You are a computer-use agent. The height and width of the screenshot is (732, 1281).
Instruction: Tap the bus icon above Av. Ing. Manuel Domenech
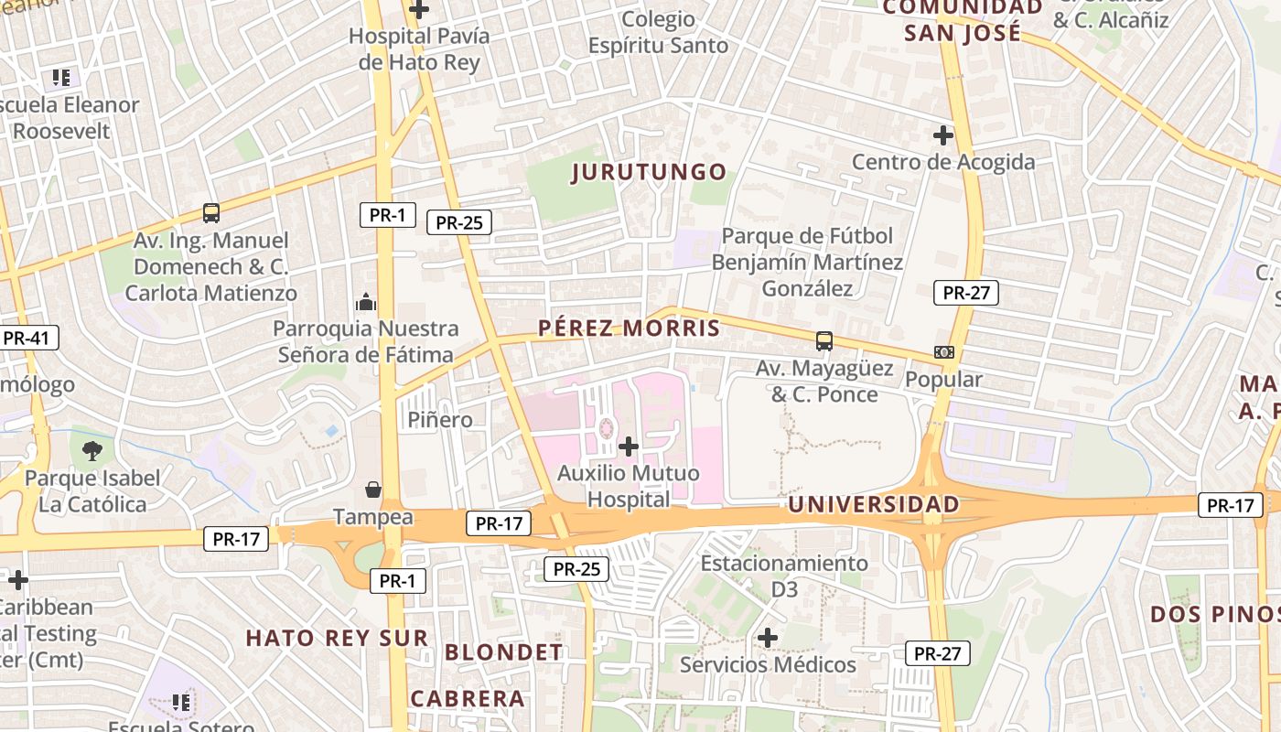[x=211, y=213]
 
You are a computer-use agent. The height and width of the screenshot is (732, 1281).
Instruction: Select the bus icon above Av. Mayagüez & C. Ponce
[x=824, y=341]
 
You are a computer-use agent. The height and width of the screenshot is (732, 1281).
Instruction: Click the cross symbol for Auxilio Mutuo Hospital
[x=629, y=447]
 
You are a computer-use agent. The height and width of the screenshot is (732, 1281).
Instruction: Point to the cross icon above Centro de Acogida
[x=943, y=136]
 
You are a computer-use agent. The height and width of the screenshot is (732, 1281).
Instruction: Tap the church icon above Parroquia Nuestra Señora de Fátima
[x=366, y=301]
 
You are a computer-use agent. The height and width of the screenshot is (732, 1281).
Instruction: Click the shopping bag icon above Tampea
[x=373, y=490]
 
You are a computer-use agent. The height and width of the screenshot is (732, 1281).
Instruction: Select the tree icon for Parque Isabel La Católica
[x=92, y=450]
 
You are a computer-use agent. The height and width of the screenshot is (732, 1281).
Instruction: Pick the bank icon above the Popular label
[x=943, y=352]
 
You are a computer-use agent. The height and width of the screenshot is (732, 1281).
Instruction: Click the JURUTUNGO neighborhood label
[x=649, y=172]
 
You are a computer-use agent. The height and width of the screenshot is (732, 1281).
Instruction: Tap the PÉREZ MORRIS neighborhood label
[x=629, y=328]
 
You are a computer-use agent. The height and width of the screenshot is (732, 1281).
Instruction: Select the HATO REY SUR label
[x=337, y=638]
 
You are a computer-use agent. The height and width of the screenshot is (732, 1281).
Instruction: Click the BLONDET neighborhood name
[x=504, y=652]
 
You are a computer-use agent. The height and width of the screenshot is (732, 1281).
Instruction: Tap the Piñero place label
[x=440, y=420]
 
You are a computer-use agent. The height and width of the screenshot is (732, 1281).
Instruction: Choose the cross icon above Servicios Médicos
[x=768, y=637]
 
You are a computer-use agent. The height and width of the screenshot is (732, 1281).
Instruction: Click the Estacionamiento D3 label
[x=784, y=576]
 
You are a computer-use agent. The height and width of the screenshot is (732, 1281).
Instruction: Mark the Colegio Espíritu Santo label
[x=658, y=32]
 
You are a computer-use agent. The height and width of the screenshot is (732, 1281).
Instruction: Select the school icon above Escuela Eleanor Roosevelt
[x=61, y=78]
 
